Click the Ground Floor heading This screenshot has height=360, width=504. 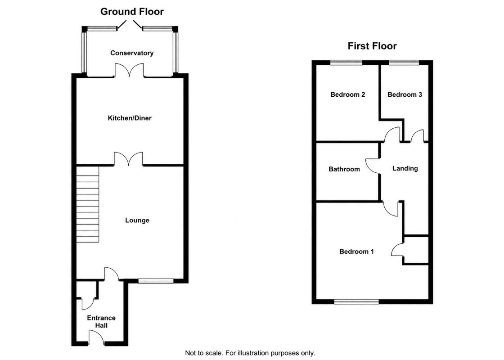[x=132, y=12]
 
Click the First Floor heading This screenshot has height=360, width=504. [x=372, y=46]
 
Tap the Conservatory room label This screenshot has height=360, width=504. [x=132, y=53]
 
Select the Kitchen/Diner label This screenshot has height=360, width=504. [x=130, y=118]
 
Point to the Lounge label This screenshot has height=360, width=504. [x=137, y=220]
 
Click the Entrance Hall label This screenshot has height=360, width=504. [x=101, y=321]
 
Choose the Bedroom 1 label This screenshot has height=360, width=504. [x=356, y=252]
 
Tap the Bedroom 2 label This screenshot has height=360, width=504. [x=347, y=94]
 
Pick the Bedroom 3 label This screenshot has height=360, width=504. [x=405, y=94]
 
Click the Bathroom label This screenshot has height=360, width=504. [x=344, y=169]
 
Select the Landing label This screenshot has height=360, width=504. [x=405, y=168]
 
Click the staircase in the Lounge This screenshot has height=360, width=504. [x=87, y=204]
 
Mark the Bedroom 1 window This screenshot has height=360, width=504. [x=356, y=301]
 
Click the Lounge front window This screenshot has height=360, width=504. [x=156, y=281]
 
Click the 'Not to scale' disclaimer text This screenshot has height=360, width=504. [x=250, y=353]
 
